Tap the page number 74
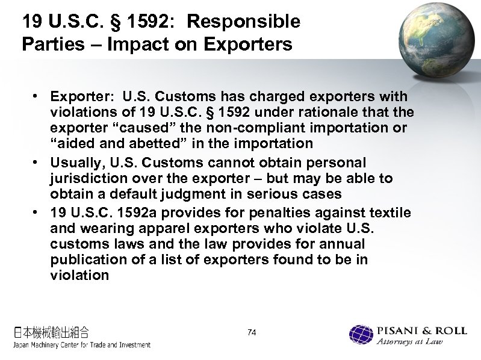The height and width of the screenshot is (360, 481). (x=252, y=332)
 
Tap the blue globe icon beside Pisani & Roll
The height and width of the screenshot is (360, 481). (x=361, y=335)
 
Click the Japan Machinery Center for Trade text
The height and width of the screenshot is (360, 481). (x=82, y=345)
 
